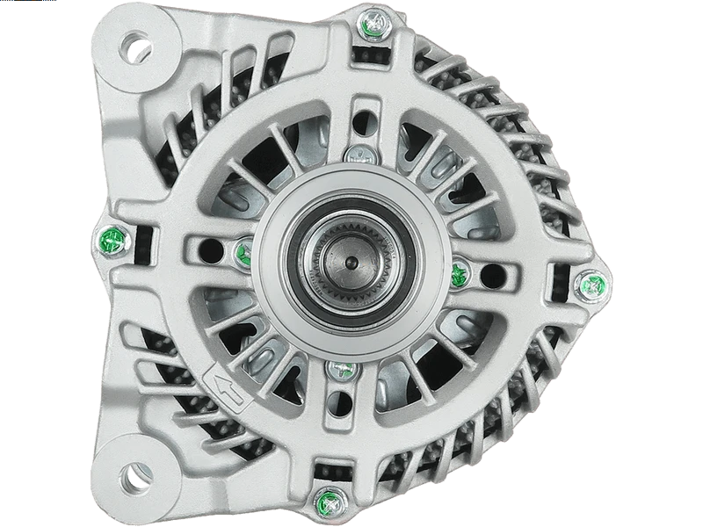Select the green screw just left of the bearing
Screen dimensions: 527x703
coord(243,254)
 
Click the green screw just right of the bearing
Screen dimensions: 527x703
coord(458,276)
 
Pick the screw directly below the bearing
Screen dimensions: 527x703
coord(341,370)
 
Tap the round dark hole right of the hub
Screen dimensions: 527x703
coord(493,276)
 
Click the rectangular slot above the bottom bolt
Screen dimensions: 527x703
coord(332,472)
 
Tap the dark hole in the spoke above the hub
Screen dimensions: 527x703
coord(362,121)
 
